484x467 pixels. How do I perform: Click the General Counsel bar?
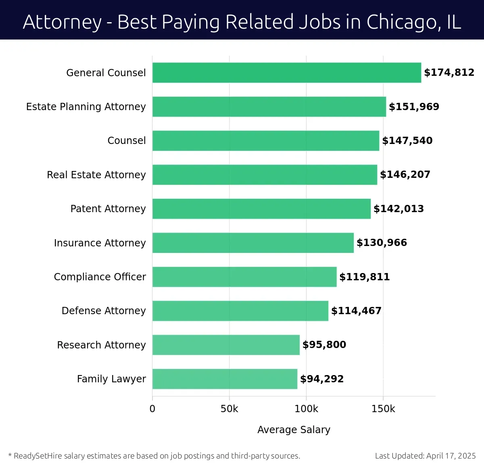tap(286, 73)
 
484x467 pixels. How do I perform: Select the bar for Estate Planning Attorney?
tap(269, 106)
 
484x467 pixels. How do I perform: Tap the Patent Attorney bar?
tap(261, 208)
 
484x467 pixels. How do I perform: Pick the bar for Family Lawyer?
tap(225, 379)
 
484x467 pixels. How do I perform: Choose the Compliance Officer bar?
tap(244, 277)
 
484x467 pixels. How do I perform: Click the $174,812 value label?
tap(449, 73)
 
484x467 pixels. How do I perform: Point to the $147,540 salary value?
tap(407, 140)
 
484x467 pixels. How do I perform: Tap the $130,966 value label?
tap(382, 242)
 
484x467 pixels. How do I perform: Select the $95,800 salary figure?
tap(324, 345)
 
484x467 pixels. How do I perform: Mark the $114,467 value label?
tap(356, 311)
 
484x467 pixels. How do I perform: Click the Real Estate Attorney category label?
tap(96, 175)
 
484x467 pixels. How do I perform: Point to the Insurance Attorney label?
tap(100, 243)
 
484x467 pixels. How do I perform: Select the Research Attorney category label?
tap(101, 345)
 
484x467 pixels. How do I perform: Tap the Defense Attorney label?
tap(104, 311)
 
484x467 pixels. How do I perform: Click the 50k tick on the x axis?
tap(229, 409)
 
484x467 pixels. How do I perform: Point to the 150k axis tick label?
tap(383, 409)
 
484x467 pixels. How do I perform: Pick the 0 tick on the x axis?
tap(152, 409)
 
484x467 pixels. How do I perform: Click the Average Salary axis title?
tap(294, 429)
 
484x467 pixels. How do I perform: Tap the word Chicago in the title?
tap(403, 22)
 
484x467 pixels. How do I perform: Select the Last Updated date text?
tap(425, 456)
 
